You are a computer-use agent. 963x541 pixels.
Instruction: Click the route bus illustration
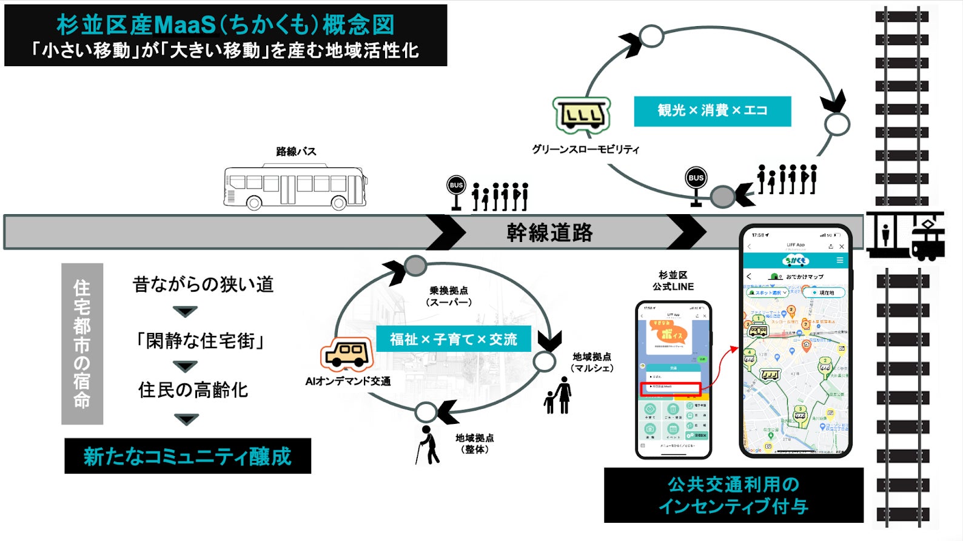(x=295, y=186)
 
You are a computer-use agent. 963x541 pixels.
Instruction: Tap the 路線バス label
(x=296, y=152)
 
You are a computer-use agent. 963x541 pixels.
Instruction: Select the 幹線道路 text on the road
(x=549, y=232)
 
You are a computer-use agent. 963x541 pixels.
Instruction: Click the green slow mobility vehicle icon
(x=581, y=115)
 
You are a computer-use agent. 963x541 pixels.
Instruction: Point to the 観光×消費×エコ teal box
(x=712, y=111)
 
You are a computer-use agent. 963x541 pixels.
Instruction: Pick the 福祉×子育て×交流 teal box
(x=453, y=339)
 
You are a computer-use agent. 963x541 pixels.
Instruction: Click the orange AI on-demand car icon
(x=346, y=354)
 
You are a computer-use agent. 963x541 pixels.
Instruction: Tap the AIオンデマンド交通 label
(x=347, y=381)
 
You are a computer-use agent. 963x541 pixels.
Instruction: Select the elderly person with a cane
(x=428, y=445)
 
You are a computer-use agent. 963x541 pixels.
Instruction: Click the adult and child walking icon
(x=559, y=395)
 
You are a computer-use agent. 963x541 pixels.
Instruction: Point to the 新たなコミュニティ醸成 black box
(x=187, y=456)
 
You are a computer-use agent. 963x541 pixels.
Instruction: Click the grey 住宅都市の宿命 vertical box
(x=82, y=344)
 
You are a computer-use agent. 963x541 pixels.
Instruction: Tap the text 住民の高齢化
(x=193, y=390)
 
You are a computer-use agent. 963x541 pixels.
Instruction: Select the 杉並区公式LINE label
(x=673, y=281)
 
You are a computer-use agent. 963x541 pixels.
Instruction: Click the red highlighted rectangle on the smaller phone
(x=670, y=388)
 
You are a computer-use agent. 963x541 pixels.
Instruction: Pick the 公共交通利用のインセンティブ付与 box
(x=733, y=495)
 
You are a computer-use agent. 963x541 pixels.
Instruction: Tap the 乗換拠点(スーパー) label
(x=449, y=297)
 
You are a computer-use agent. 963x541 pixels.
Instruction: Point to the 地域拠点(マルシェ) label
(x=592, y=362)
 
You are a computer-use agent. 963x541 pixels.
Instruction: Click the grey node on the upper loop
(x=722, y=197)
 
